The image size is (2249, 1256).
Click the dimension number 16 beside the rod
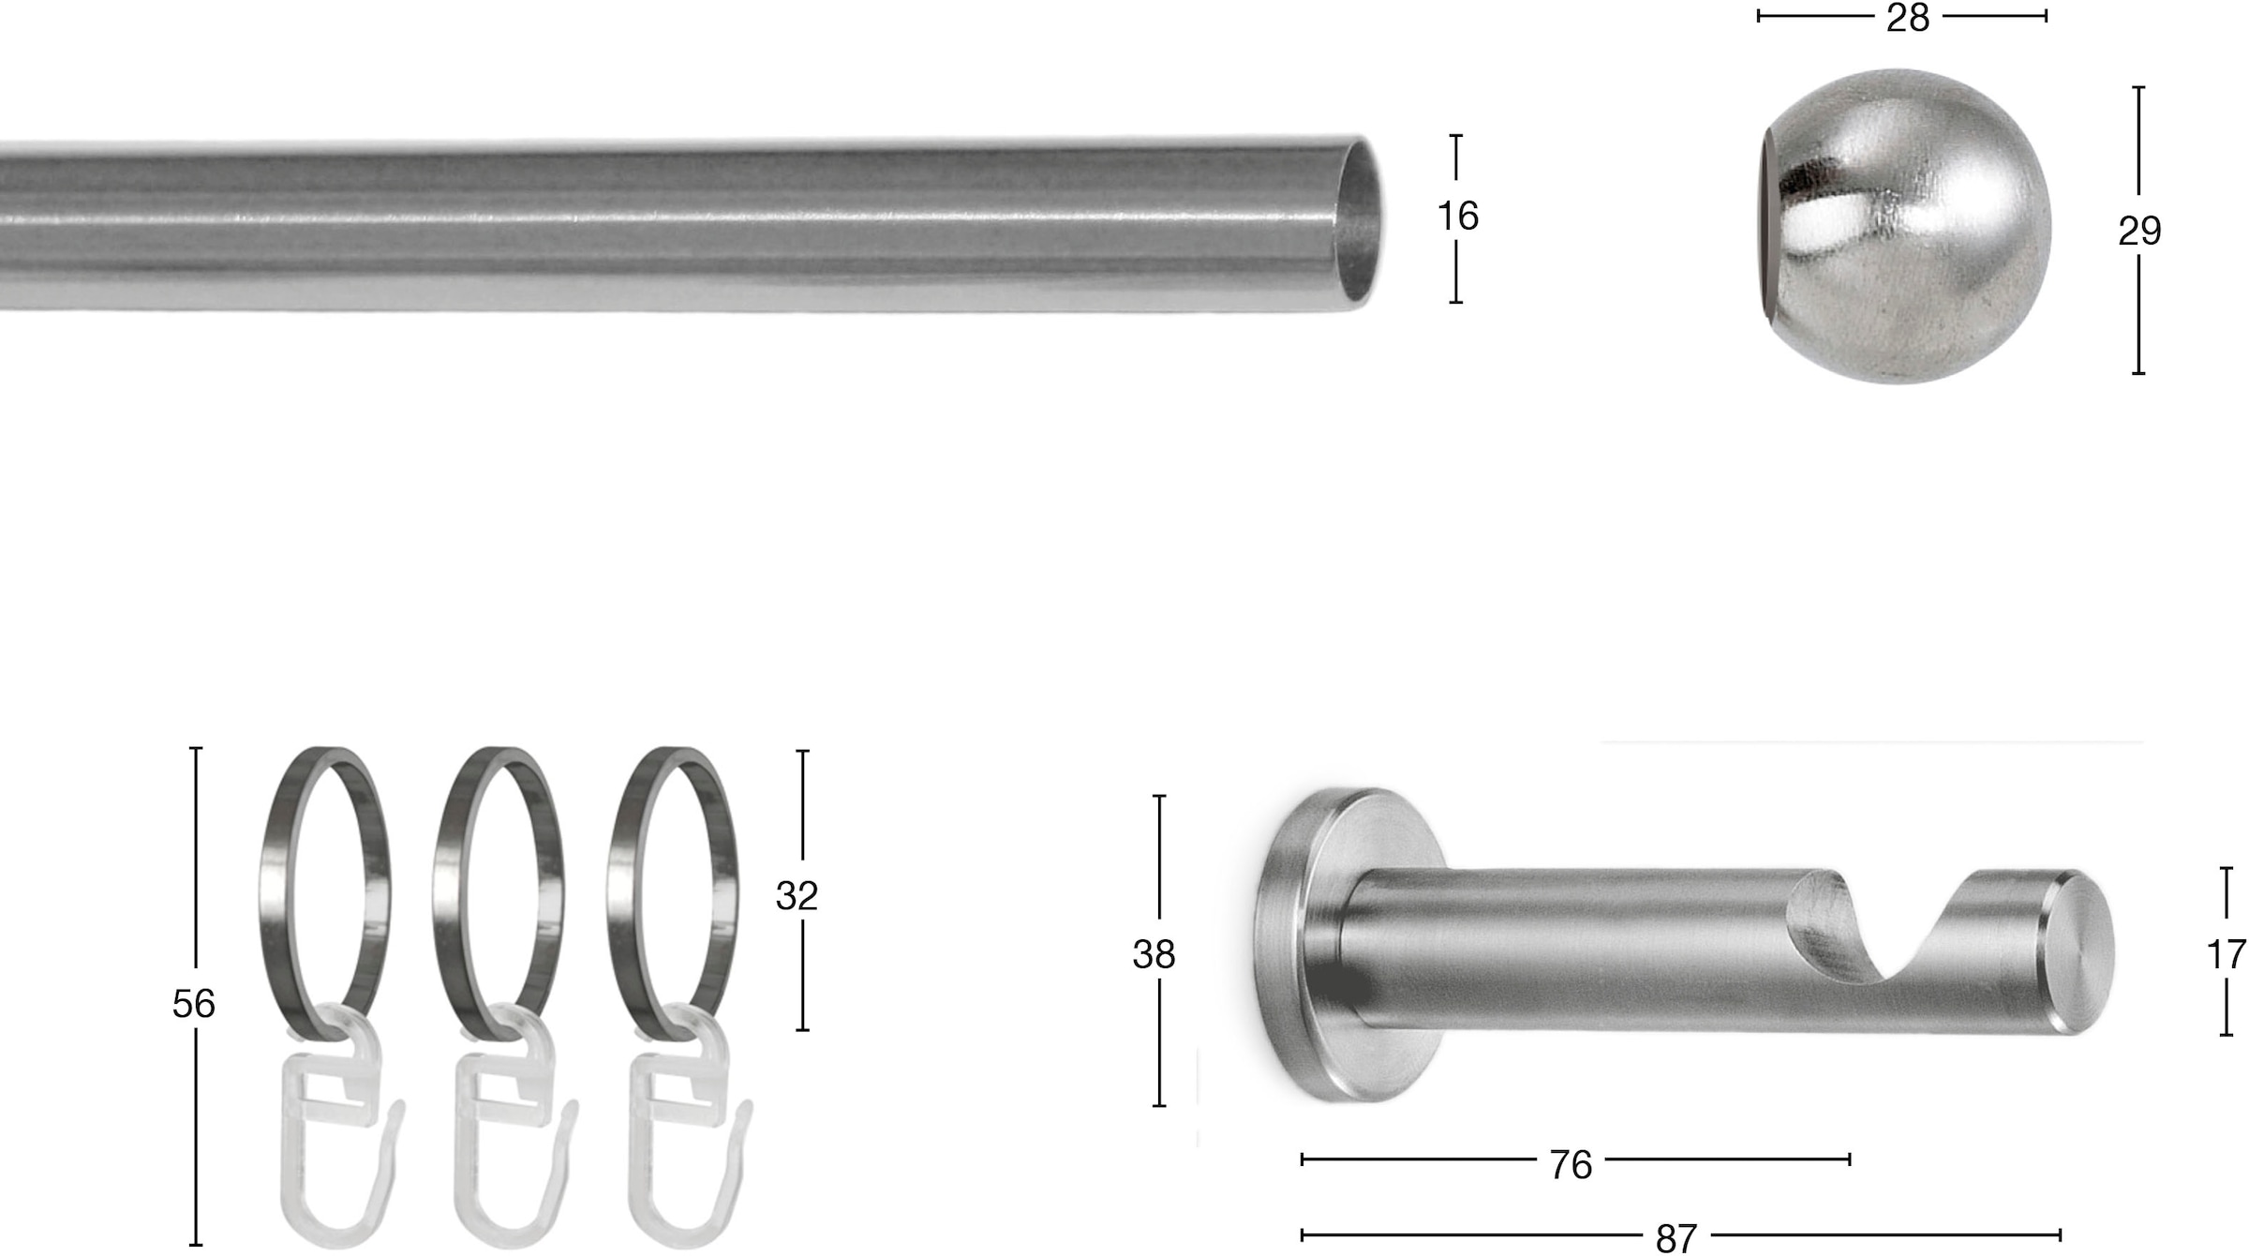[1457, 217]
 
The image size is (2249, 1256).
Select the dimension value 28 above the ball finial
[1908, 18]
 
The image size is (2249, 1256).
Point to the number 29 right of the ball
[2139, 232]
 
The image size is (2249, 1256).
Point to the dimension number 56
[194, 1005]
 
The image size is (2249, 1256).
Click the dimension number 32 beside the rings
[797, 897]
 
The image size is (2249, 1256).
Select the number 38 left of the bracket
[1154, 955]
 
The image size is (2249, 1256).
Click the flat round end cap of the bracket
[2080, 951]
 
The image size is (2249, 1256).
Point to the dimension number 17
[2226, 955]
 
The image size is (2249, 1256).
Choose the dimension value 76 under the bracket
[1571, 1165]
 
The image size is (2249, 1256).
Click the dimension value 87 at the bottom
[1676, 1238]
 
